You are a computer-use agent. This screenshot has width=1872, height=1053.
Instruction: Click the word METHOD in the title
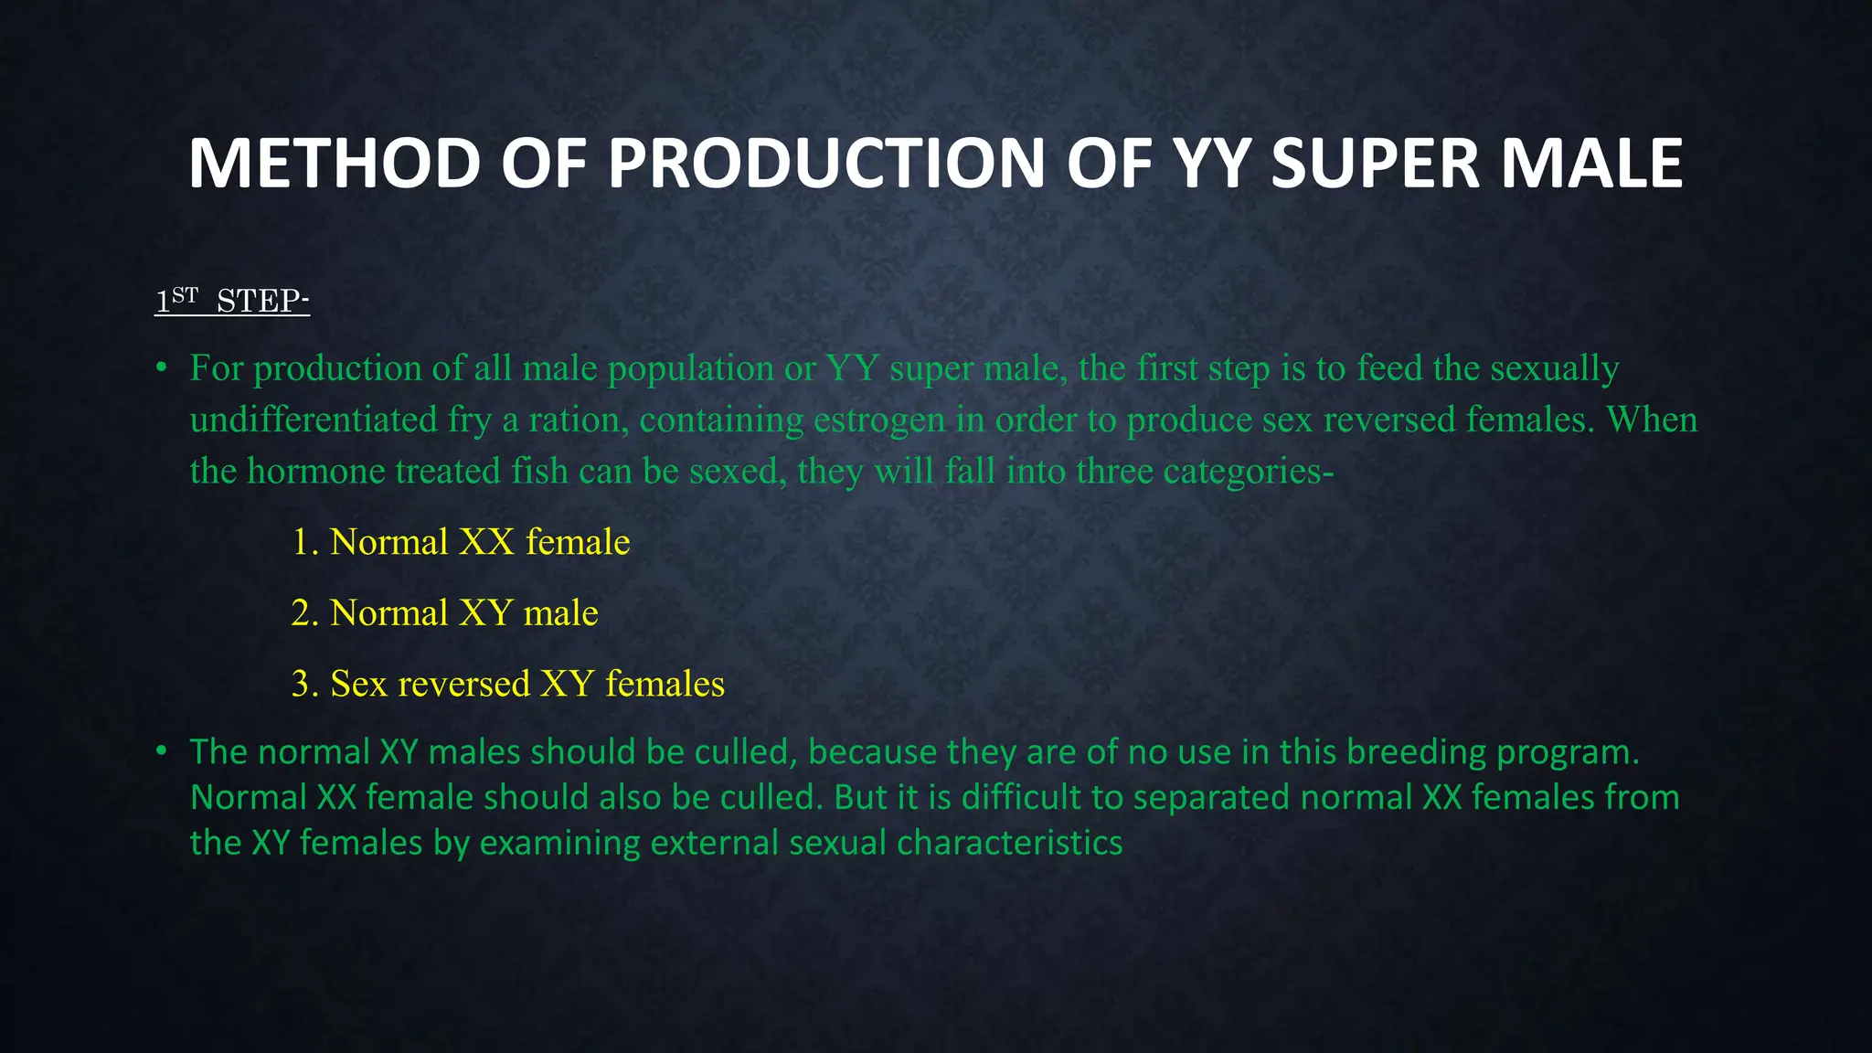click(x=334, y=164)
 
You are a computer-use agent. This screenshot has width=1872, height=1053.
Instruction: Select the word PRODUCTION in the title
click(x=826, y=164)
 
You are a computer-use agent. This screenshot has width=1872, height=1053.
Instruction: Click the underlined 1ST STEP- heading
click(x=232, y=300)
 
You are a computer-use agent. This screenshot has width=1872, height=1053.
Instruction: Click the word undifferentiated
click(x=314, y=420)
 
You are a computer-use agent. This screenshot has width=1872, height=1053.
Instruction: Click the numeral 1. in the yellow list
click(x=304, y=542)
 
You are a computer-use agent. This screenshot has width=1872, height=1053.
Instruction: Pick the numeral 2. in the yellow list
click(x=304, y=612)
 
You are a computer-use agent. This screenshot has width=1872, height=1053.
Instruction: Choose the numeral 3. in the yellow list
click(x=304, y=684)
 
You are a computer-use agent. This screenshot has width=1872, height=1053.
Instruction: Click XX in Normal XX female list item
click(x=486, y=542)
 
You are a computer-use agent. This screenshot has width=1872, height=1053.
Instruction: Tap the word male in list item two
click(x=560, y=612)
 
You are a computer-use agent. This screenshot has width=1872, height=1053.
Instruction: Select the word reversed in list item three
click(x=463, y=684)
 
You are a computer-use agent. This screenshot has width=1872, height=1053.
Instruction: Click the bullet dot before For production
click(x=161, y=368)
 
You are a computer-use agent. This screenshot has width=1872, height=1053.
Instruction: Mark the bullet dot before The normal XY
click(x=161, y=751)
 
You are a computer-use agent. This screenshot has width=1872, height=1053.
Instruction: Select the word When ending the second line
click(x=1652, y=420)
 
